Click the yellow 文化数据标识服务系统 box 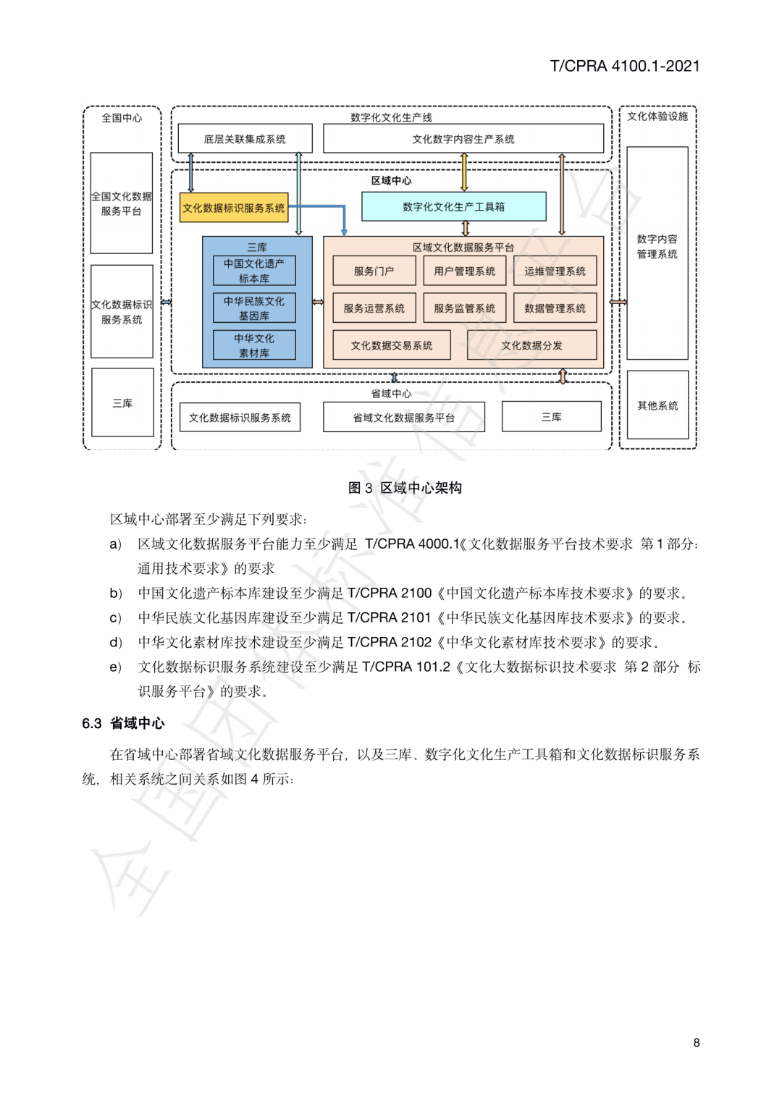tap(234, 208)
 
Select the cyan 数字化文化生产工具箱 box tap(453, 207)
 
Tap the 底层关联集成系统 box tap(245, 139)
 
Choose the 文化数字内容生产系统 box tap(463, 139)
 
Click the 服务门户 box tap(374, 271)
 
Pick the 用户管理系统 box tap(464, 271)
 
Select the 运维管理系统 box tap(555, 271)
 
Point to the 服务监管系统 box tap(464, 308)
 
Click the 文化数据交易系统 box tap(391, 345)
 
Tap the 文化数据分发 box tap(531, 345)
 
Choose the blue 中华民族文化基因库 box tap(254, 308)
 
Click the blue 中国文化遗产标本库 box tap(254, 271)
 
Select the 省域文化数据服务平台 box tap(403, 418)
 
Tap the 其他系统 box tap(657, 405)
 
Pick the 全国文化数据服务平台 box tap(122, 203)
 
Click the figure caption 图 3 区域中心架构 tap(405, 488)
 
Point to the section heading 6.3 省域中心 tap(123, 723)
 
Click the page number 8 tap(697, 1042)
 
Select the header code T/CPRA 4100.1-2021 tap(624, 66)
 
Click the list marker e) tap(116, 667)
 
